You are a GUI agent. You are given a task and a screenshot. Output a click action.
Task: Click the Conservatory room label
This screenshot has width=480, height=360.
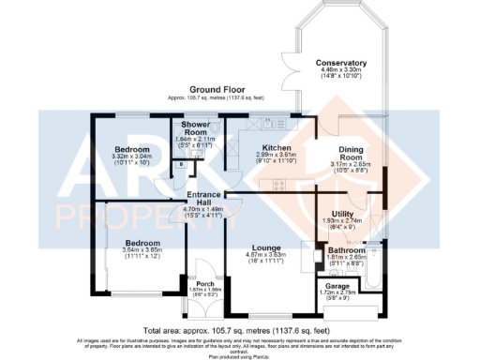click(x=340, y=63)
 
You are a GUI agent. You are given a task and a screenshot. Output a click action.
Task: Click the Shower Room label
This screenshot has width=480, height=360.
click(x=195, y=127)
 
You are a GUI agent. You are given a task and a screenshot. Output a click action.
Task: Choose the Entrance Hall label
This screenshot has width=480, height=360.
click(x=203, y=198)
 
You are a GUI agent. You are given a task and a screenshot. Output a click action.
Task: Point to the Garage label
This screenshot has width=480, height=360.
click(x=339, y=286)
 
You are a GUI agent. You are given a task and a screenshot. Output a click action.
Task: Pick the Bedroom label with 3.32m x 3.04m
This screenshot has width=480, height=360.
click(x=132, y=149)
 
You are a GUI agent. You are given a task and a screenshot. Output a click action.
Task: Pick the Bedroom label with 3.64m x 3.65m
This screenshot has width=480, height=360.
click(x=142, y=242)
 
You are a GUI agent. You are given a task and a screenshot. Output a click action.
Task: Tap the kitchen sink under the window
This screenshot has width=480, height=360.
click(x=257, y=123)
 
